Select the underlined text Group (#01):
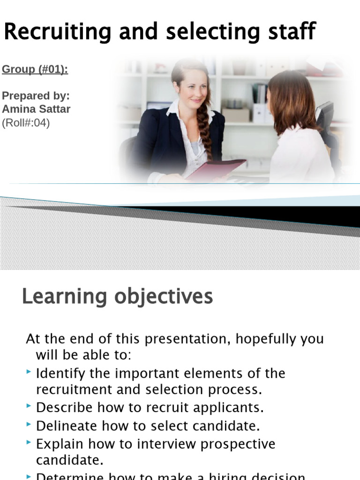[35, 70]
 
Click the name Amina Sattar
[36, 109]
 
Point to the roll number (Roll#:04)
[26, 123]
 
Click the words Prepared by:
[36, 96]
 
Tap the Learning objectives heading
[117, 297]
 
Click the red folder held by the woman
[216, 169]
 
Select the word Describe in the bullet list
[64, 408]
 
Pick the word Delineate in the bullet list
[66, 426]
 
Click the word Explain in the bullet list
[59, 444]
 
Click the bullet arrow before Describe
[30, 407]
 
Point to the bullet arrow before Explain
[30, 443]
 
